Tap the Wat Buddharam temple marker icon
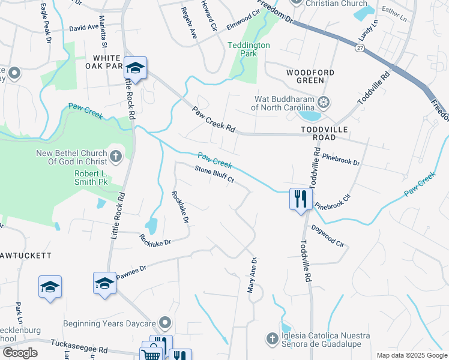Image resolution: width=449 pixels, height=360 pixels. tap(324, 103)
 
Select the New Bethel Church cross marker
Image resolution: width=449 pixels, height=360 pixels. tap(116, 157)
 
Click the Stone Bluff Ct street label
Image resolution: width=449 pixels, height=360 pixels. tap(214, 174)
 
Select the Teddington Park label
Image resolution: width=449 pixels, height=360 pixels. tap(249, 49)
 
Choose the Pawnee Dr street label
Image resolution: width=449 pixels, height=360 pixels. tap(131, 269)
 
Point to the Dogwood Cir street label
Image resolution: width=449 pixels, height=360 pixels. tap(327, 236)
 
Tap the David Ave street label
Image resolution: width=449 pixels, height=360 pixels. tap(83, 28)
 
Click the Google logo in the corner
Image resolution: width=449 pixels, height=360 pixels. tap(20, 353)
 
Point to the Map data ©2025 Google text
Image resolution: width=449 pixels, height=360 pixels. tap(411, 355)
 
